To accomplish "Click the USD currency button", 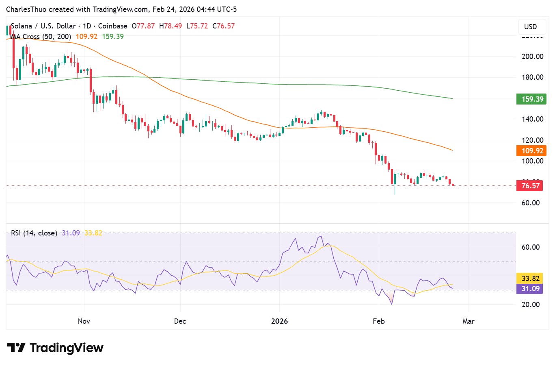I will point(530,27).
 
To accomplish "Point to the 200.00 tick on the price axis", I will point(532,57).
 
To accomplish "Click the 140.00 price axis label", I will point(532,119).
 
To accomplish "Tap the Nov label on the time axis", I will point(84,321).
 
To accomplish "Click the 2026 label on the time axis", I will point(279,321).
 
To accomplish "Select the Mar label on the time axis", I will point(468,321).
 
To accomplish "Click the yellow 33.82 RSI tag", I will point(530,279).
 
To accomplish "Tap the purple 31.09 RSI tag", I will point(530,289).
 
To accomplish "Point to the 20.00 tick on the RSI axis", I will point(530,305).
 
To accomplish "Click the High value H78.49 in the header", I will point(171,26).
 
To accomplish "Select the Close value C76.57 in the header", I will point(223,26).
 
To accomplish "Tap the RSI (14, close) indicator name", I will point(34,233).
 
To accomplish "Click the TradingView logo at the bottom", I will point(56,348).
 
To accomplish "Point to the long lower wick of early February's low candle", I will point(395,190).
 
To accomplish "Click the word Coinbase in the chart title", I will point(112,26).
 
